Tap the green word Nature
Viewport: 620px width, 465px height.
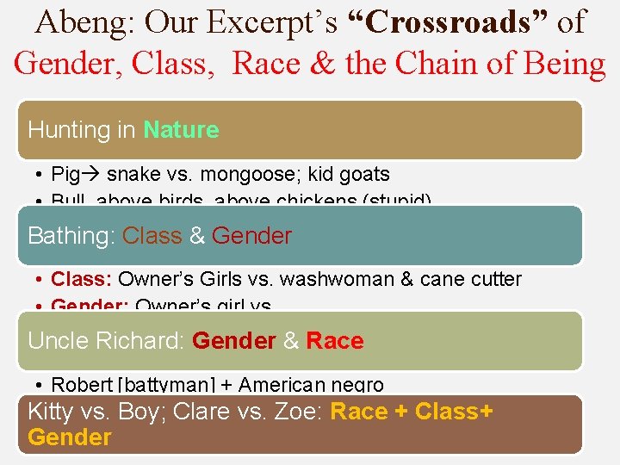tap(181, 130)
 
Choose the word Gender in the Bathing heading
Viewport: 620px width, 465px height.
tap(251, 236)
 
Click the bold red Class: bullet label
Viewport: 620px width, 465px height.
tap(82, 279)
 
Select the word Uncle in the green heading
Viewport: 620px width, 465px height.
tap(55, 341)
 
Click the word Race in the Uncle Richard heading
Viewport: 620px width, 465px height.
tap(335, 341)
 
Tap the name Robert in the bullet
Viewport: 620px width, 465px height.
tap(81, 385)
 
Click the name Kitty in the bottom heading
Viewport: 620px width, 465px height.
tap(50, 412)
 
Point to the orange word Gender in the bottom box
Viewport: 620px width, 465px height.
tap(70, 437)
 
